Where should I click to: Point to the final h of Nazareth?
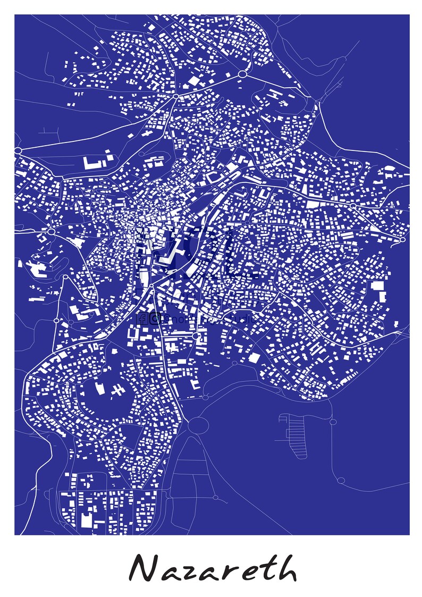point(284,568)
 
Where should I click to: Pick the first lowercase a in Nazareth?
point(167,573)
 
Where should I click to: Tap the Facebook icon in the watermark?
point(142,318)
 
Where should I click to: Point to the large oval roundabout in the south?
point(199,425)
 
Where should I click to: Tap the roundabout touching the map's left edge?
point(18,151)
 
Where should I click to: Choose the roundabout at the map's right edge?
point(403,239)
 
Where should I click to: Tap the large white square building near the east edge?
point(377,285)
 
